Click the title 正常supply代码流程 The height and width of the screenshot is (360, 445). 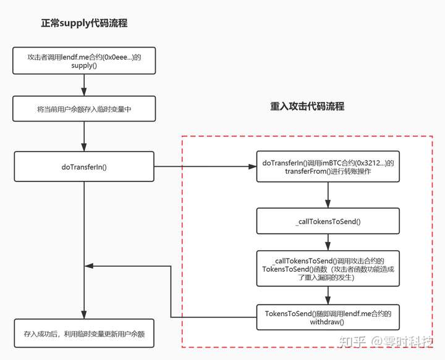point(84,23)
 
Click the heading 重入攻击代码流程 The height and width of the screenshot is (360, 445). point(307,106)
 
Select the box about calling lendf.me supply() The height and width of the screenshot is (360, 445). point(84,61)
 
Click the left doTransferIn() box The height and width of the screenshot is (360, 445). point(84,166)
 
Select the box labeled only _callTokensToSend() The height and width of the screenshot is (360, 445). point(328,220)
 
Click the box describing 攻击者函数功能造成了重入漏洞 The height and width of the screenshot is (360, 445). point(328,268)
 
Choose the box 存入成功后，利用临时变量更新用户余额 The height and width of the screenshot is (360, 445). point(84,333)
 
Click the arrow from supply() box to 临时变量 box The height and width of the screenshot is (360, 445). point(84,84)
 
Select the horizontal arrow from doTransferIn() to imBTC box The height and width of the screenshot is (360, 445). point(205,166)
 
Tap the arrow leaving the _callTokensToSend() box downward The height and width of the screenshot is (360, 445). point(328,241)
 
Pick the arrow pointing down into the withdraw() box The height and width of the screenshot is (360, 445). point(328,295)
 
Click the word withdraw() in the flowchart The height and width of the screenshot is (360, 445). point(328,322)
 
